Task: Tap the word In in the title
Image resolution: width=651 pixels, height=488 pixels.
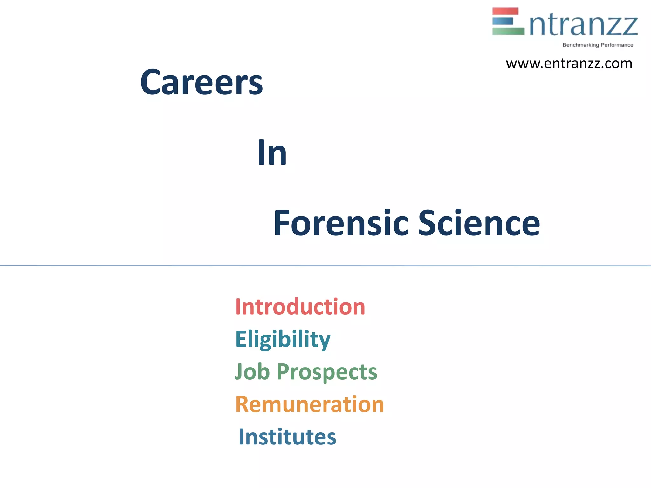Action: pyautogui.click(x=272, y=153)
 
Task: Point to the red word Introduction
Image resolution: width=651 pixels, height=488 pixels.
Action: pyautogui.click(x=300, y=307)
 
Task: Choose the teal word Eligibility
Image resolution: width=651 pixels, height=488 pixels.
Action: pyautogui.click(x=283, y=339)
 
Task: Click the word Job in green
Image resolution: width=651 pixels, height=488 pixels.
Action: pyautogui.click(x=252, y=372)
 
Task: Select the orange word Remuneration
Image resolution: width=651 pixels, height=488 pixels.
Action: pyautogui.click(x=310, y=404)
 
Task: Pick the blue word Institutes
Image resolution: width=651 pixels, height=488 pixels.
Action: pyautogui.click(x=287, y=437)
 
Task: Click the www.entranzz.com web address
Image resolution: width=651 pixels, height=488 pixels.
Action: pyautogui.click(x=569, y=64)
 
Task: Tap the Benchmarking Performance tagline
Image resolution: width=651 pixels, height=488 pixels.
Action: pyautogui.click(x=598, y=45)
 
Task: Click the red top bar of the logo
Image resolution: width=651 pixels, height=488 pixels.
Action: pyautogui.click(x=505, y=11)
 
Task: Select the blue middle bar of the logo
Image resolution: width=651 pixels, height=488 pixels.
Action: pyautogui.click(x=503, y=21)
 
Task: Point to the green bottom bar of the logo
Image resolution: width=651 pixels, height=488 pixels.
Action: pyautogui.click(x=508, y=31)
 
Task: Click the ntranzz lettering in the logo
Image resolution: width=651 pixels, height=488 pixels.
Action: pyautogui.click(x=584, y=25)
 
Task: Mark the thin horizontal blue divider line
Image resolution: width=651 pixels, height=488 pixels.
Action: pyautogui.click(x=325, y=266)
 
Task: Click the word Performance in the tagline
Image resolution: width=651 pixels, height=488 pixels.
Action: pyautogui.click(x=617, y=45)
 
